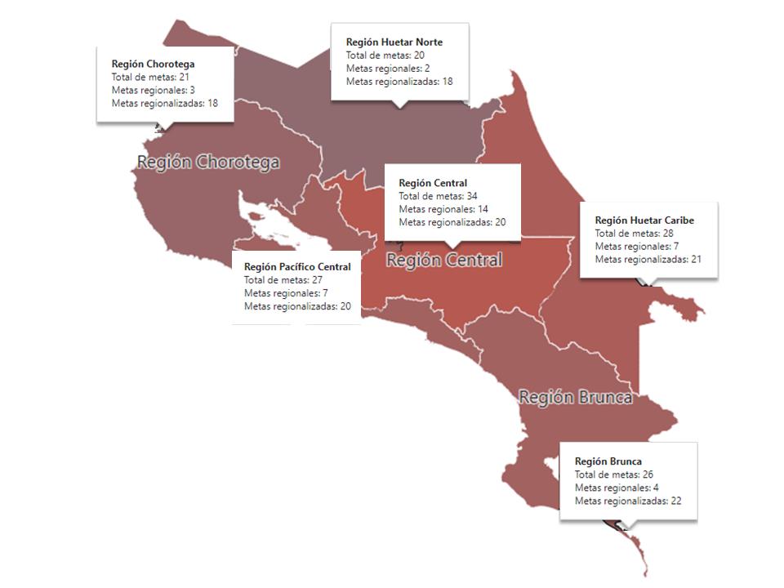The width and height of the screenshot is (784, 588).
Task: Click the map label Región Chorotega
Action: pos(208,162)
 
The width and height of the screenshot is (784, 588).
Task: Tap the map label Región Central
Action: pos(443,261)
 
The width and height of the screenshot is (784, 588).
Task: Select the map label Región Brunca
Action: pos(576,398)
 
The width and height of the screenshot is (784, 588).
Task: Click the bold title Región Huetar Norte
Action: pos(394,42)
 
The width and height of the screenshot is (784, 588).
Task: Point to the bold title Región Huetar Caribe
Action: pos(644,220)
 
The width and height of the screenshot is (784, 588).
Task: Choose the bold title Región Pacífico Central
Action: pos(297,267)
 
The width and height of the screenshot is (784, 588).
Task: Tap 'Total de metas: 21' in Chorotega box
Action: pos(150,77)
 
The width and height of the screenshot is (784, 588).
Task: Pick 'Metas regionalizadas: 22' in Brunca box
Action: pos(628,501)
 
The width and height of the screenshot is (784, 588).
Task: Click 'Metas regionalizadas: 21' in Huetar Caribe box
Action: pos(648,260)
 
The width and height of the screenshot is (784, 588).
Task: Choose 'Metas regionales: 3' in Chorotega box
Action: pos(153,90)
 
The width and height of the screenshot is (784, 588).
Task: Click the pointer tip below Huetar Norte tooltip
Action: pos(399,105)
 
